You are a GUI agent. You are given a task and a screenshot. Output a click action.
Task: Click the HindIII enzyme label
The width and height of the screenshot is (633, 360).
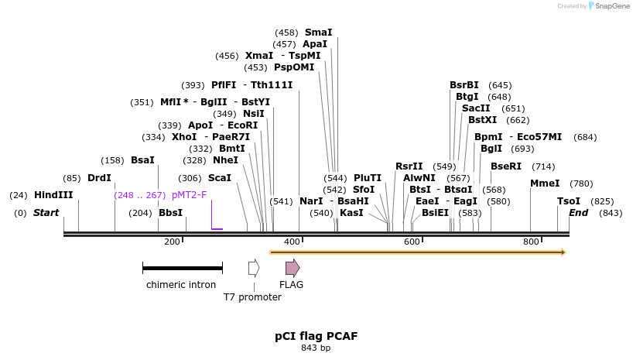point(53,195)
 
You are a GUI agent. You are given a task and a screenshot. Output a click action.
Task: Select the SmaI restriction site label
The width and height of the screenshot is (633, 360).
point(318,33)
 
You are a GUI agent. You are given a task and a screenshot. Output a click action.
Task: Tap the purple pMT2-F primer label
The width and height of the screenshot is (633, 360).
point(189,195)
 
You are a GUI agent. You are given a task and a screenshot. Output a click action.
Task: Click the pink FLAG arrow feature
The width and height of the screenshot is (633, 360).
point(292,268)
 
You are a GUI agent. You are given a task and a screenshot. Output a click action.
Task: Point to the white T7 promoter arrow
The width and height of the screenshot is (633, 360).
point(253,268)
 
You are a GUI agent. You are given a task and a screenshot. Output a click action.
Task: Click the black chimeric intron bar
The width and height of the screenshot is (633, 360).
point(183,268)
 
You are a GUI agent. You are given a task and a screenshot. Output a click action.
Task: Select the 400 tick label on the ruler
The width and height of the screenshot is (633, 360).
point(292,242)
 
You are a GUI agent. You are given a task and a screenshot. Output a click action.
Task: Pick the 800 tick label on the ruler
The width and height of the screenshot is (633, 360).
point(531,242)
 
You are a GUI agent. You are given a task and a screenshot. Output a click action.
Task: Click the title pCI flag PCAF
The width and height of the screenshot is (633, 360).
point(316,336)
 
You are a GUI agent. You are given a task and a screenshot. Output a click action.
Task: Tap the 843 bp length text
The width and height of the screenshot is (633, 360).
point(316,348)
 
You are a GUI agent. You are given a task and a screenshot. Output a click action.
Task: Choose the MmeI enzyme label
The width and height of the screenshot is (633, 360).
point(545,183)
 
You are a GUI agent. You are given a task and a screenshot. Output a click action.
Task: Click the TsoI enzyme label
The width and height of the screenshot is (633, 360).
point(569,201)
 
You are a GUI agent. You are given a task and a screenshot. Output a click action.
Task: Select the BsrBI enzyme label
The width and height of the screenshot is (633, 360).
point(464,85)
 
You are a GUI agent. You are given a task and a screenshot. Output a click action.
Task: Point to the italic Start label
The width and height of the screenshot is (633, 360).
point(46,213)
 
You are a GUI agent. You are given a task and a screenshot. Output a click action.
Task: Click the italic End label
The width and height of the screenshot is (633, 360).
point(579,213)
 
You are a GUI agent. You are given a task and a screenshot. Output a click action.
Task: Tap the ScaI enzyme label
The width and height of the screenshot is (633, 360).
point(220,177)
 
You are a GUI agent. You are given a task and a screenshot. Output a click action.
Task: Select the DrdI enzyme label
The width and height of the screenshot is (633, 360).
point(99,177)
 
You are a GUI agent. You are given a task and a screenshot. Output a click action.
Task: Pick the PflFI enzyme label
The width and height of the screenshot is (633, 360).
point(224,84)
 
